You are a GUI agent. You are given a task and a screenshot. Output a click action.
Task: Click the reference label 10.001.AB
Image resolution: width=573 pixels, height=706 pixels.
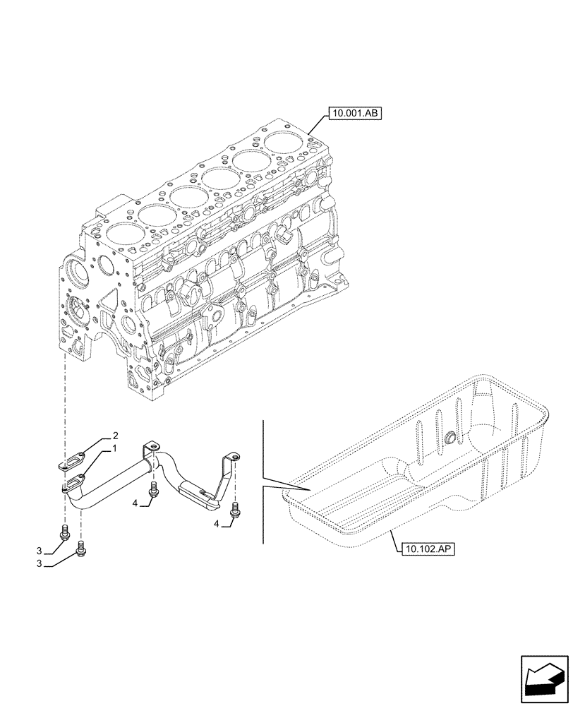pos(354,112)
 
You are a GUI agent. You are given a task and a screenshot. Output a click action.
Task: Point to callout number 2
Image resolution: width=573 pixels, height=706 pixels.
pos(115,436)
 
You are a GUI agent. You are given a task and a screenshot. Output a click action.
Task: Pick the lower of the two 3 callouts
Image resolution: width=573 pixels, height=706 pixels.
pos(40,565)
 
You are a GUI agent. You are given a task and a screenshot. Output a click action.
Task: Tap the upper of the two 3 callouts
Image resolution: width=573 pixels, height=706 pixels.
pos(40,551)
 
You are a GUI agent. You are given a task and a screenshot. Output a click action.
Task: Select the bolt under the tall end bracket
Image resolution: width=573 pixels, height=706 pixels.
pos(234,506)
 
